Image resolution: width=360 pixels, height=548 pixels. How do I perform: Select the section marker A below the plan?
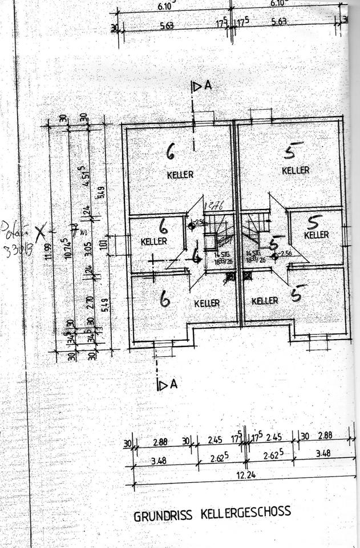[173, 384]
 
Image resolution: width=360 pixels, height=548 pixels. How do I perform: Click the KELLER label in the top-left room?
[180, 174]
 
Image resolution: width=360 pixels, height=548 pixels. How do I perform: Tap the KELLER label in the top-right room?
[296, 170]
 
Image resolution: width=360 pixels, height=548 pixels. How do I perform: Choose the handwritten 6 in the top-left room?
[170, 151]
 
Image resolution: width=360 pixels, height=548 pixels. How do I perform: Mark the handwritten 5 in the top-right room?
[292, 150]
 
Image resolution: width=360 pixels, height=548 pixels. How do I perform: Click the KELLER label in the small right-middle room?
[316, 235]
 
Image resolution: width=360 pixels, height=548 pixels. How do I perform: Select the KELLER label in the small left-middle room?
[154, 241]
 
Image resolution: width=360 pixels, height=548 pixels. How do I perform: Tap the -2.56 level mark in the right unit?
[285, 253]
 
